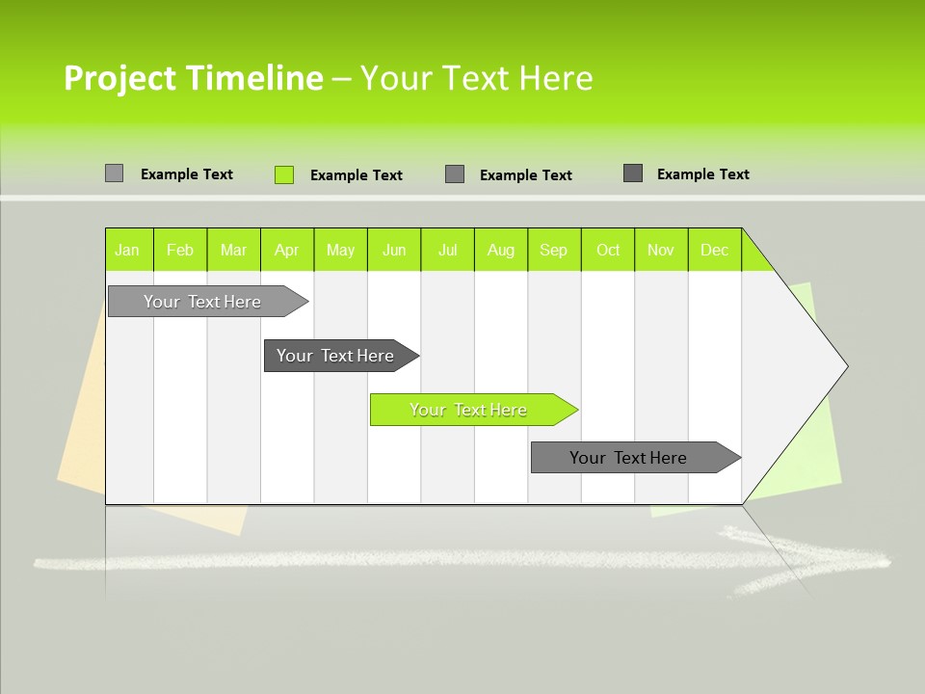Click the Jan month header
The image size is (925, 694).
point(127,250)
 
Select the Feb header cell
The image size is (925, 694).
point(180,250)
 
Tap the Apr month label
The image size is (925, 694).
point(286,250)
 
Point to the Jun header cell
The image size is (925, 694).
point(394,250)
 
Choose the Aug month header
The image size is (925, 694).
point(501,250)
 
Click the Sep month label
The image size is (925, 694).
point(554,250)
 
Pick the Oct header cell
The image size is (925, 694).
point(608,250)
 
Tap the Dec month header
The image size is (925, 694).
point(715,250)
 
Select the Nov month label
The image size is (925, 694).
point(661,250)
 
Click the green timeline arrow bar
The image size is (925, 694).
point(472,410)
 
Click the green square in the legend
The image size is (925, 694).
point(284,174)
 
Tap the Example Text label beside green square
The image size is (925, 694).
point(356,175)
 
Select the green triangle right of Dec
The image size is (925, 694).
point(755,254)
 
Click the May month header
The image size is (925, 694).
point(340,250)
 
